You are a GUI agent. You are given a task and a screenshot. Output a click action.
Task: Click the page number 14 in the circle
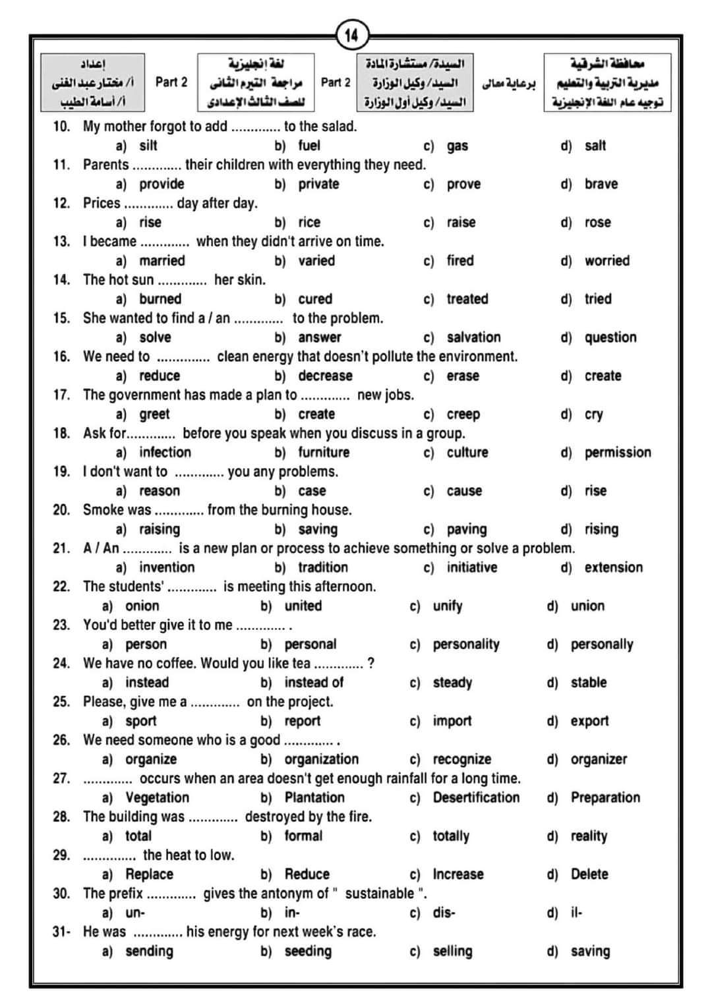(x=351, y=35)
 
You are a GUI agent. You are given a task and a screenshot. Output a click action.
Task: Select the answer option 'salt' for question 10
(x=595, y=146)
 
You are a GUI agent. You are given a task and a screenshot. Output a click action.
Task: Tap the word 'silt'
(x=148, y=146)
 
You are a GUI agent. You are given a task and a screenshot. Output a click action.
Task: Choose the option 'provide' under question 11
(x=162, y=184)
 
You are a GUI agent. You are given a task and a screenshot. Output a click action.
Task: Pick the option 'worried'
(x=607, y=261)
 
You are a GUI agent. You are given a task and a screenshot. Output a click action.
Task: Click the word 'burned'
(x=160, y=299)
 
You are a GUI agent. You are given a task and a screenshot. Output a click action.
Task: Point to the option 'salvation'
(x=473, y=337)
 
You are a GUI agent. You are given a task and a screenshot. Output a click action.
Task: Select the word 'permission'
(x=617, y=453)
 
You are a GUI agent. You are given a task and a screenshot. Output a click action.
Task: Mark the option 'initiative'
(x=471, y=567)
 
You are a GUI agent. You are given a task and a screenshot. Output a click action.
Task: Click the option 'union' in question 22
(x=587, y=606)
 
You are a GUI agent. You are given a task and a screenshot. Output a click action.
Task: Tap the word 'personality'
(x=465, y=645)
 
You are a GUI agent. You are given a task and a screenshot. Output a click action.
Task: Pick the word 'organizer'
(x=599, y=759)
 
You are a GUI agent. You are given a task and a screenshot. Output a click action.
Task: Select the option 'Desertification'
(x=476, y=797)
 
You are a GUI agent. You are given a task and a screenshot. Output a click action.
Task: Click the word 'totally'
(x=451, y=836)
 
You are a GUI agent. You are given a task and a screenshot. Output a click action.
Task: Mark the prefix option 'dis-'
(x=444, y=913)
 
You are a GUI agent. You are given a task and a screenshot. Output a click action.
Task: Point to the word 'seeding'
(x=308, y=951)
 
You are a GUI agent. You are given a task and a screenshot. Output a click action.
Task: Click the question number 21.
(x=61, y=548)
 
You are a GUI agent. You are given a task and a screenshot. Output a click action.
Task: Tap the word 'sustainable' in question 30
(x=380, y=894)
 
